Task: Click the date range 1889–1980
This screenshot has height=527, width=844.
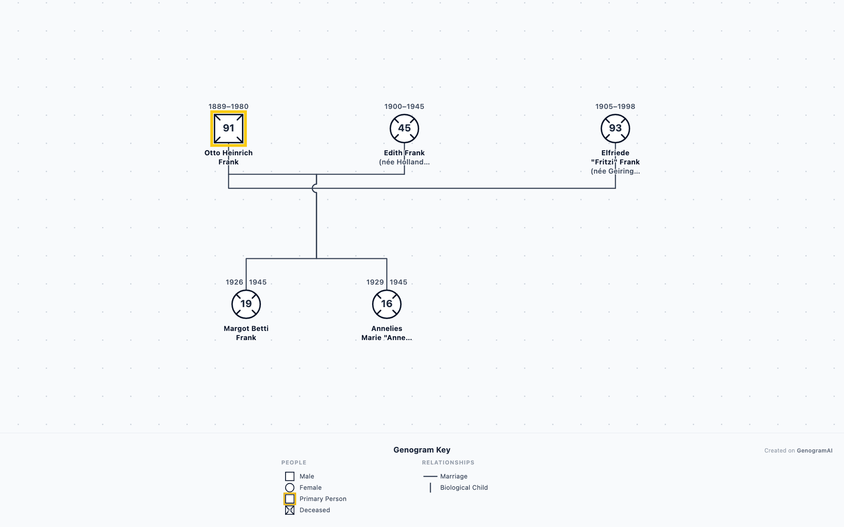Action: pos(228,107)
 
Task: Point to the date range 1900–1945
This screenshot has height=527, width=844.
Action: pos(404,107)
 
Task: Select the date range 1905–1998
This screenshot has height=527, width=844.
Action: pos(615,107)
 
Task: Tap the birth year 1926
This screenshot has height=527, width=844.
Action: pos(234,282)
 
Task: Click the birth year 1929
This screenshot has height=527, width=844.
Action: pos(375,282)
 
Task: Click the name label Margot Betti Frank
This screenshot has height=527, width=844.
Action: pos(246,333)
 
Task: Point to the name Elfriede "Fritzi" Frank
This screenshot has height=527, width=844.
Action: pos(615,157)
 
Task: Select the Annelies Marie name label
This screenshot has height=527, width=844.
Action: pos(387,333)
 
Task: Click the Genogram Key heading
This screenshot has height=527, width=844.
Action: pos(422,450)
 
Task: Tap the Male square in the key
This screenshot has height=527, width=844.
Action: pos(290,476)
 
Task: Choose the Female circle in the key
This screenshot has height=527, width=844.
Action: pos(290,487)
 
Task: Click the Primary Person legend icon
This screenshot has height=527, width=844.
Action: pos(290,499)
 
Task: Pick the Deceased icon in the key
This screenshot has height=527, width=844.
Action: pos(290,510)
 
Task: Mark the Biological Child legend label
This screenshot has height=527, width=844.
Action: pos(464,487)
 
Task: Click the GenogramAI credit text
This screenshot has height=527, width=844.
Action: pos(814,450)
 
